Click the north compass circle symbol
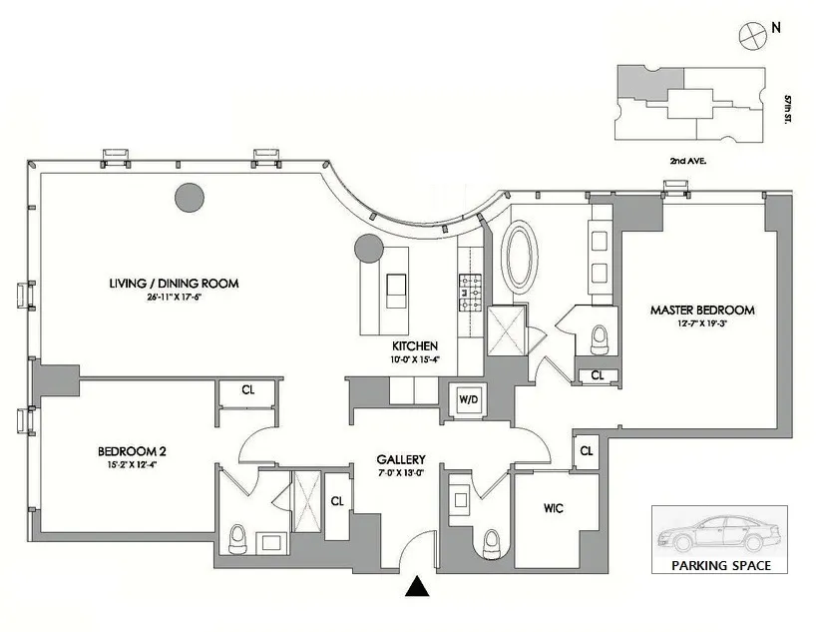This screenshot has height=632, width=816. (749, 33)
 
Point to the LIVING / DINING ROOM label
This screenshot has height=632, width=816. (175, 284)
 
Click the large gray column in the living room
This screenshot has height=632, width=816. (190, 197)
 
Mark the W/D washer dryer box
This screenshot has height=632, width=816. (469, 398)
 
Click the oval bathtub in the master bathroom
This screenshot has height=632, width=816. (520, 256)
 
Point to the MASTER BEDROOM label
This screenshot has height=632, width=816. (702, 310)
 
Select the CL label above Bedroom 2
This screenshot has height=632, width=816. (247, 390)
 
